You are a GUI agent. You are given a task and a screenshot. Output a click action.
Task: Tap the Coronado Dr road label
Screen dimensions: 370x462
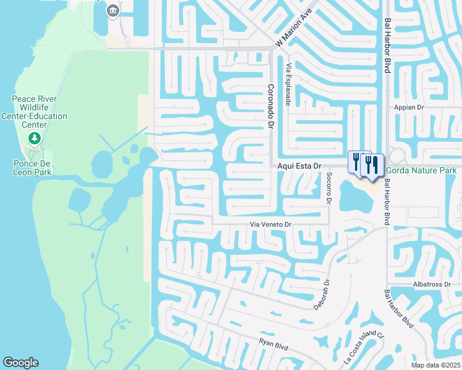(270, 107)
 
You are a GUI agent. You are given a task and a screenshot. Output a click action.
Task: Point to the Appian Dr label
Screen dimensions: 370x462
(411, 107)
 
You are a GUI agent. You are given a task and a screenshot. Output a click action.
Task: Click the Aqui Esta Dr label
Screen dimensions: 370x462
(300, 166)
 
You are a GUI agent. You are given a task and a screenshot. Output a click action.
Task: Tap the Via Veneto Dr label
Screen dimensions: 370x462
(270, 225)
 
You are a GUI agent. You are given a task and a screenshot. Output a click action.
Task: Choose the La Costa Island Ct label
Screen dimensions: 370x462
(364, 348)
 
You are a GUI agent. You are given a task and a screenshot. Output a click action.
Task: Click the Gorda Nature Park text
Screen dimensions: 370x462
(421, 170)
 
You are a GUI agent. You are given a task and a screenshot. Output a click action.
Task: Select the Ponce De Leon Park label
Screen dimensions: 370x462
(35, 168)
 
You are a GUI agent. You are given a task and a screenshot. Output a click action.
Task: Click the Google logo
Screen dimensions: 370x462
(20, 363)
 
